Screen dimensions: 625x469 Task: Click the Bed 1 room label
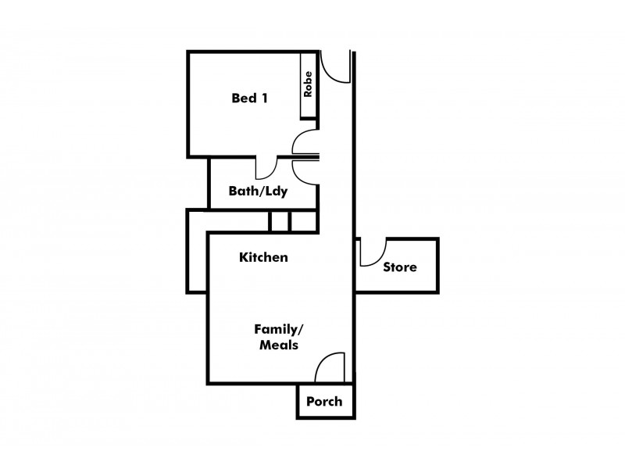249,98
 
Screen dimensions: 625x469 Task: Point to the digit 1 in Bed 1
264,98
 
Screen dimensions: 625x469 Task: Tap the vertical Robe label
308,84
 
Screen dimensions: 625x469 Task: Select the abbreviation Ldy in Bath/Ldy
276,192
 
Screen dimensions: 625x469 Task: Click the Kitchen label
263,257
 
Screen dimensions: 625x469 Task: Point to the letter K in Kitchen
244,257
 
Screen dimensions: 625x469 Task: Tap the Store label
400,267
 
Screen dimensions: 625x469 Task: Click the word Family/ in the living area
279,330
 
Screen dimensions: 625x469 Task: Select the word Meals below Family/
279,345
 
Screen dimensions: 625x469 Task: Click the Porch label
324,401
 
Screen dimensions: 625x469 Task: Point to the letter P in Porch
311,401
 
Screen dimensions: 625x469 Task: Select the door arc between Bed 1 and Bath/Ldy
272,172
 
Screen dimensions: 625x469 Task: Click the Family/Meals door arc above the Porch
322,360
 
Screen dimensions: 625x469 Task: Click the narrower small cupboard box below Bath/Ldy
280,221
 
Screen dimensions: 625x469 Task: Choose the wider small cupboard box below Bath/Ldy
304,221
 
